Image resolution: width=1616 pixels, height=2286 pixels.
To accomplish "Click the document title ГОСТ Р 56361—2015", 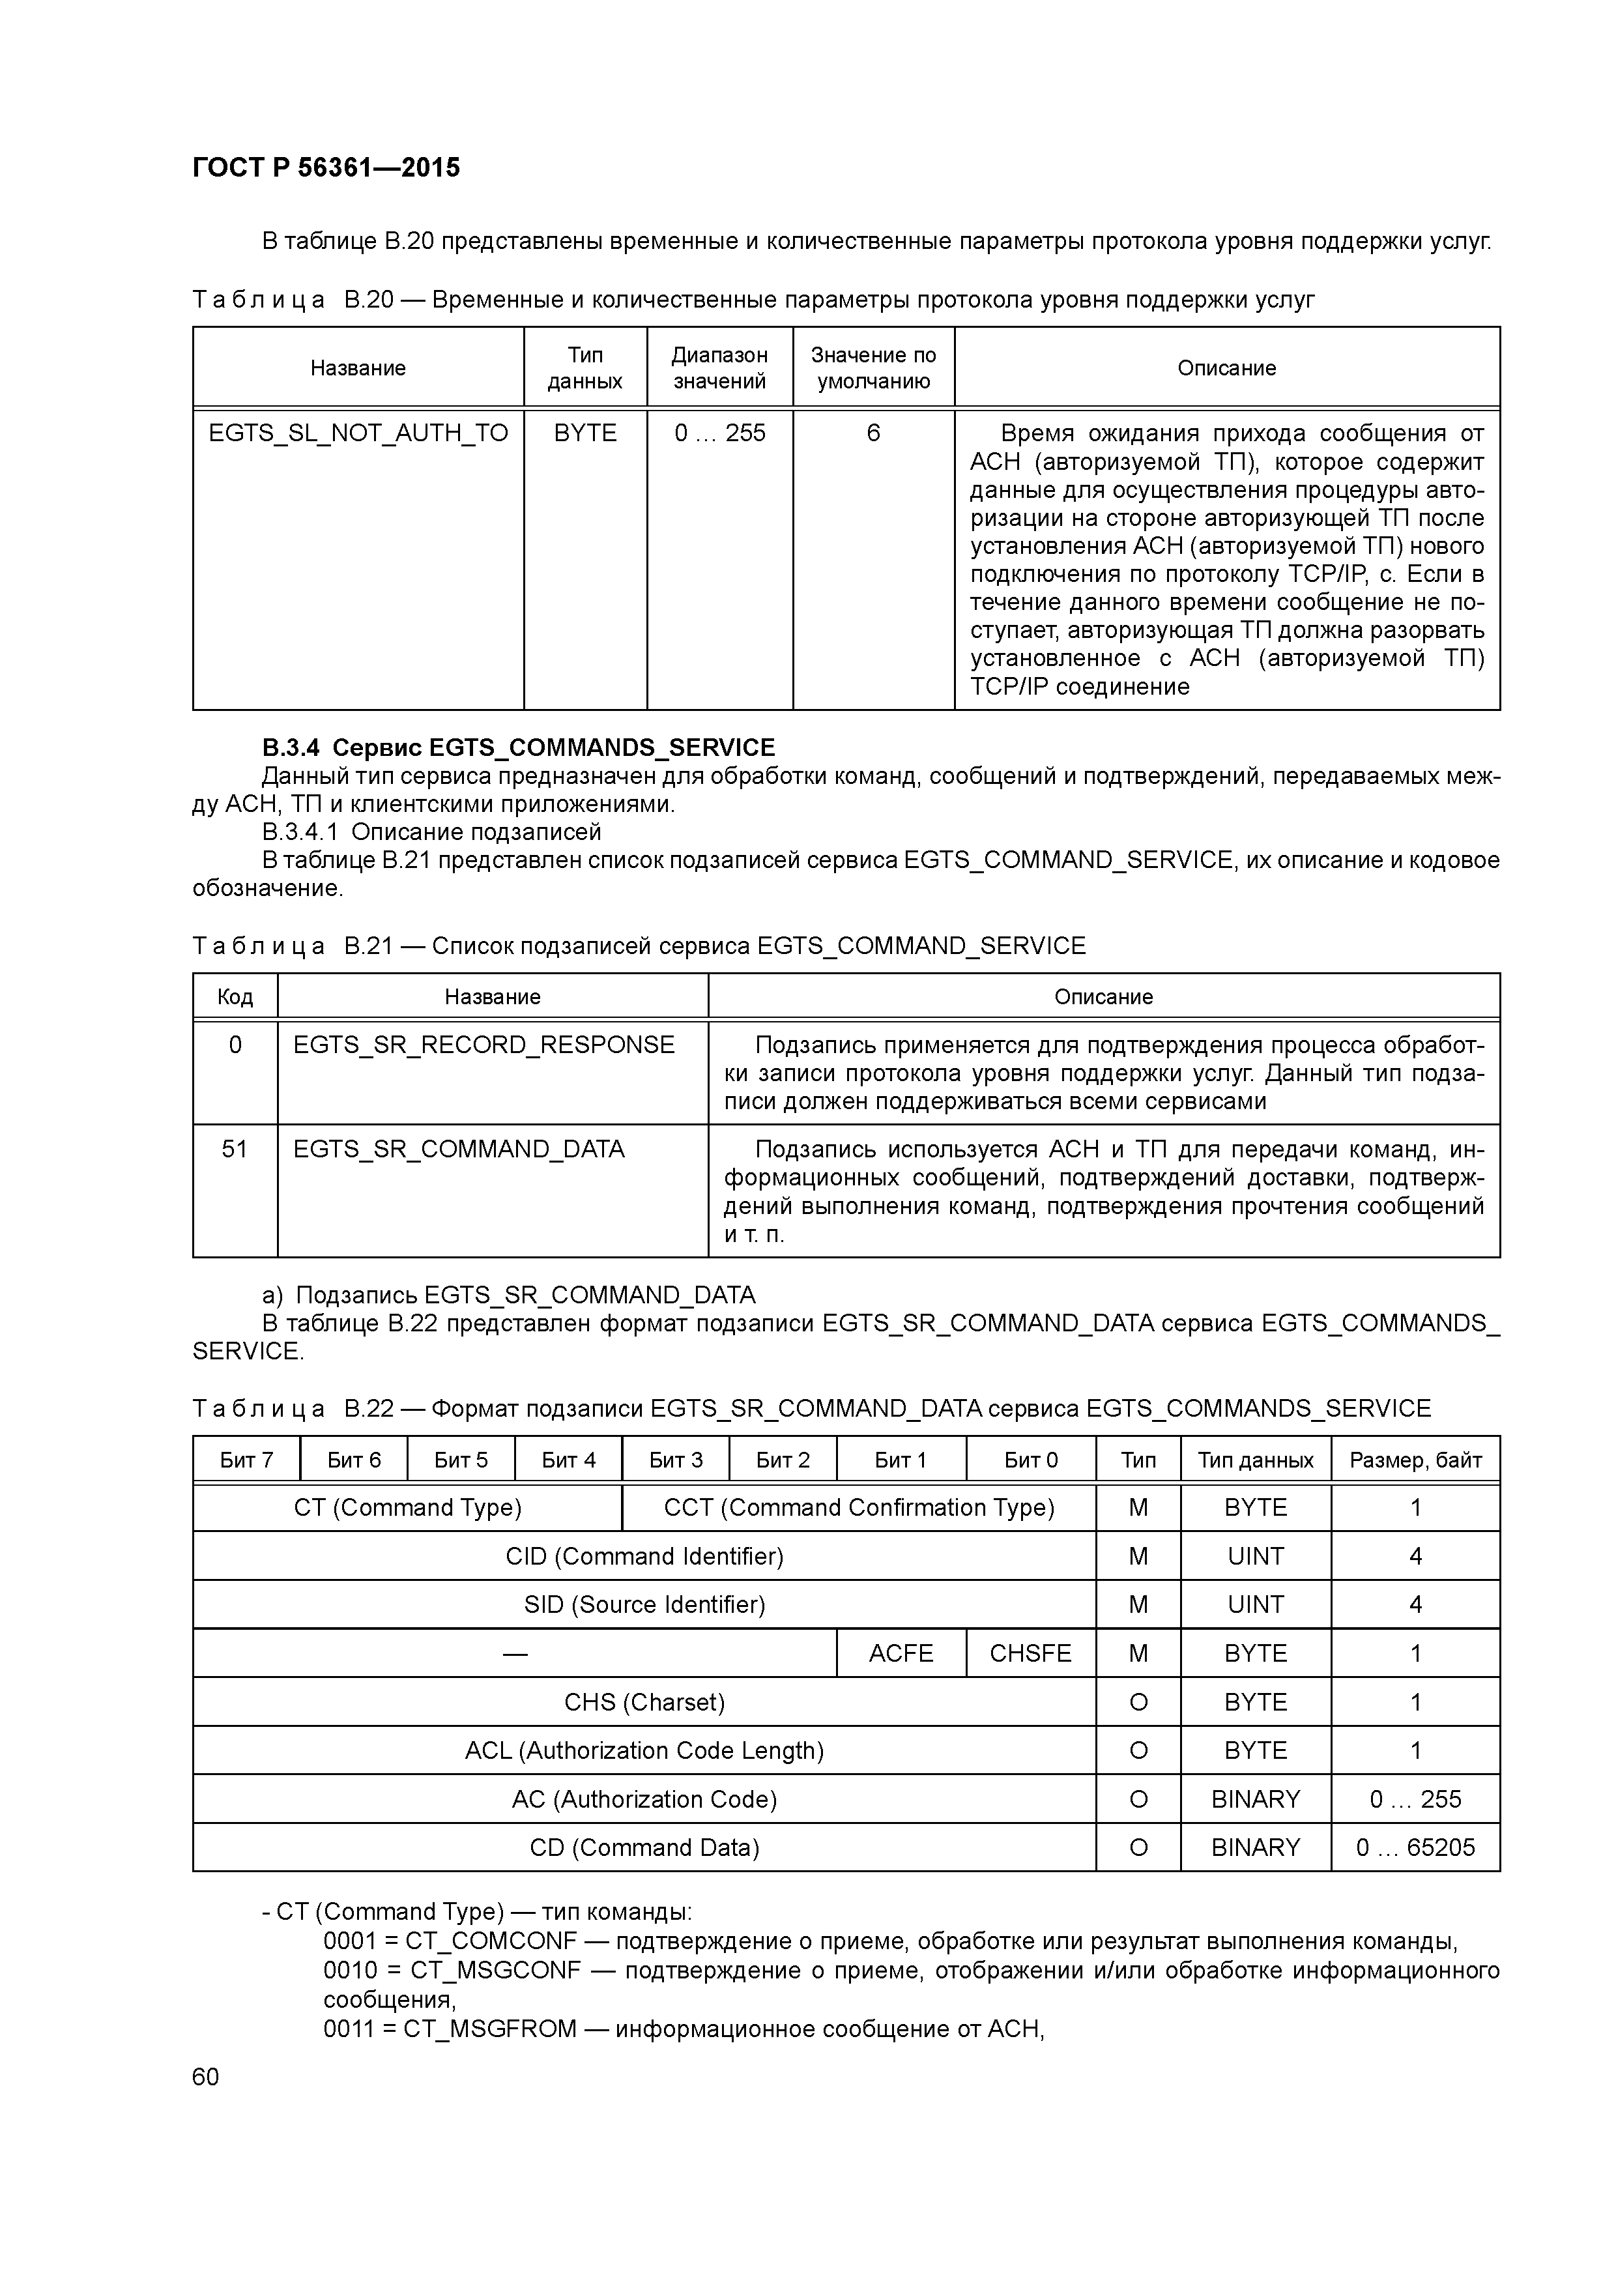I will pos(326,168).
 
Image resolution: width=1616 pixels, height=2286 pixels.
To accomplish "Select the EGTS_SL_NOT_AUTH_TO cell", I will pos(358,433).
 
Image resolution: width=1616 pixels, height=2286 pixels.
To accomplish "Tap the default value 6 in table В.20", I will pos(873,433).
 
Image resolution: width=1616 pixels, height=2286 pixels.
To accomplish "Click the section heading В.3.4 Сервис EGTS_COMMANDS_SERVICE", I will pos(518,747).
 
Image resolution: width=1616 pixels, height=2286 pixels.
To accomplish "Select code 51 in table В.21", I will pos(235,1149).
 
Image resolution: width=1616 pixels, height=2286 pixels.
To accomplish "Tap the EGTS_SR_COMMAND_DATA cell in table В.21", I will pos(458,1149).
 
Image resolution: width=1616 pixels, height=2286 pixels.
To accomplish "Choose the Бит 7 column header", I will pos(246,1460).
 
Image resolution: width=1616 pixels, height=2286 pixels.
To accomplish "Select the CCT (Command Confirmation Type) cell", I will pos(858,1507).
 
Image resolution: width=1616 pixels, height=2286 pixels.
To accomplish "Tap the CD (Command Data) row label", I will pos(644,1848).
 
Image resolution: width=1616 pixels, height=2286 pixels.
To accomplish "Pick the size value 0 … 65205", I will pos(1415,1848).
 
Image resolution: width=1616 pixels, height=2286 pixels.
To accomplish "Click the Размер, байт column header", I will pos(1415,1460).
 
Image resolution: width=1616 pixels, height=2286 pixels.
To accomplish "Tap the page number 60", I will pos(206,2077).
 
